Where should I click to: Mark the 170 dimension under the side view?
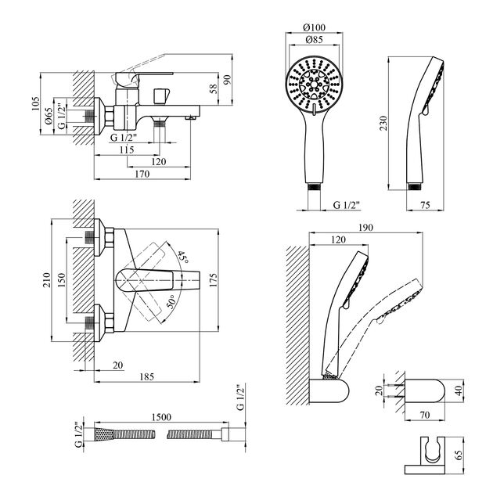[x=141, y=175]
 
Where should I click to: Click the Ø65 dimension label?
[x=49, y=118]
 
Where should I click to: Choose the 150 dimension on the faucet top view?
[x=63, y=279]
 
